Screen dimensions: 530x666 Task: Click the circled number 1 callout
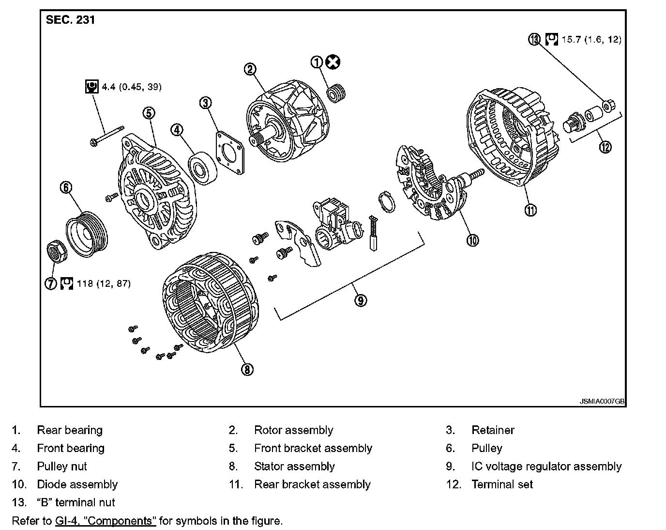(317, 62)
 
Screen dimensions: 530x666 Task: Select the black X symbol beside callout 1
(333, 62)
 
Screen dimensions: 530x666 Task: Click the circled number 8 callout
(247, 369)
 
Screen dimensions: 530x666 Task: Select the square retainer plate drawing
(229, 150)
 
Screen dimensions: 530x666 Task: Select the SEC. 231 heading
(70, 20)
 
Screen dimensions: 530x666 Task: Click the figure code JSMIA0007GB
(602, 402)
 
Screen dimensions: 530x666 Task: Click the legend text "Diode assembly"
(77, 484)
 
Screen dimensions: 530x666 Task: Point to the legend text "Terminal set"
(502, 484)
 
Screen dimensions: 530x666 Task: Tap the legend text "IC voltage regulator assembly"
(546, 467)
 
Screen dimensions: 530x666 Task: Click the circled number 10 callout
(472, 239)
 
